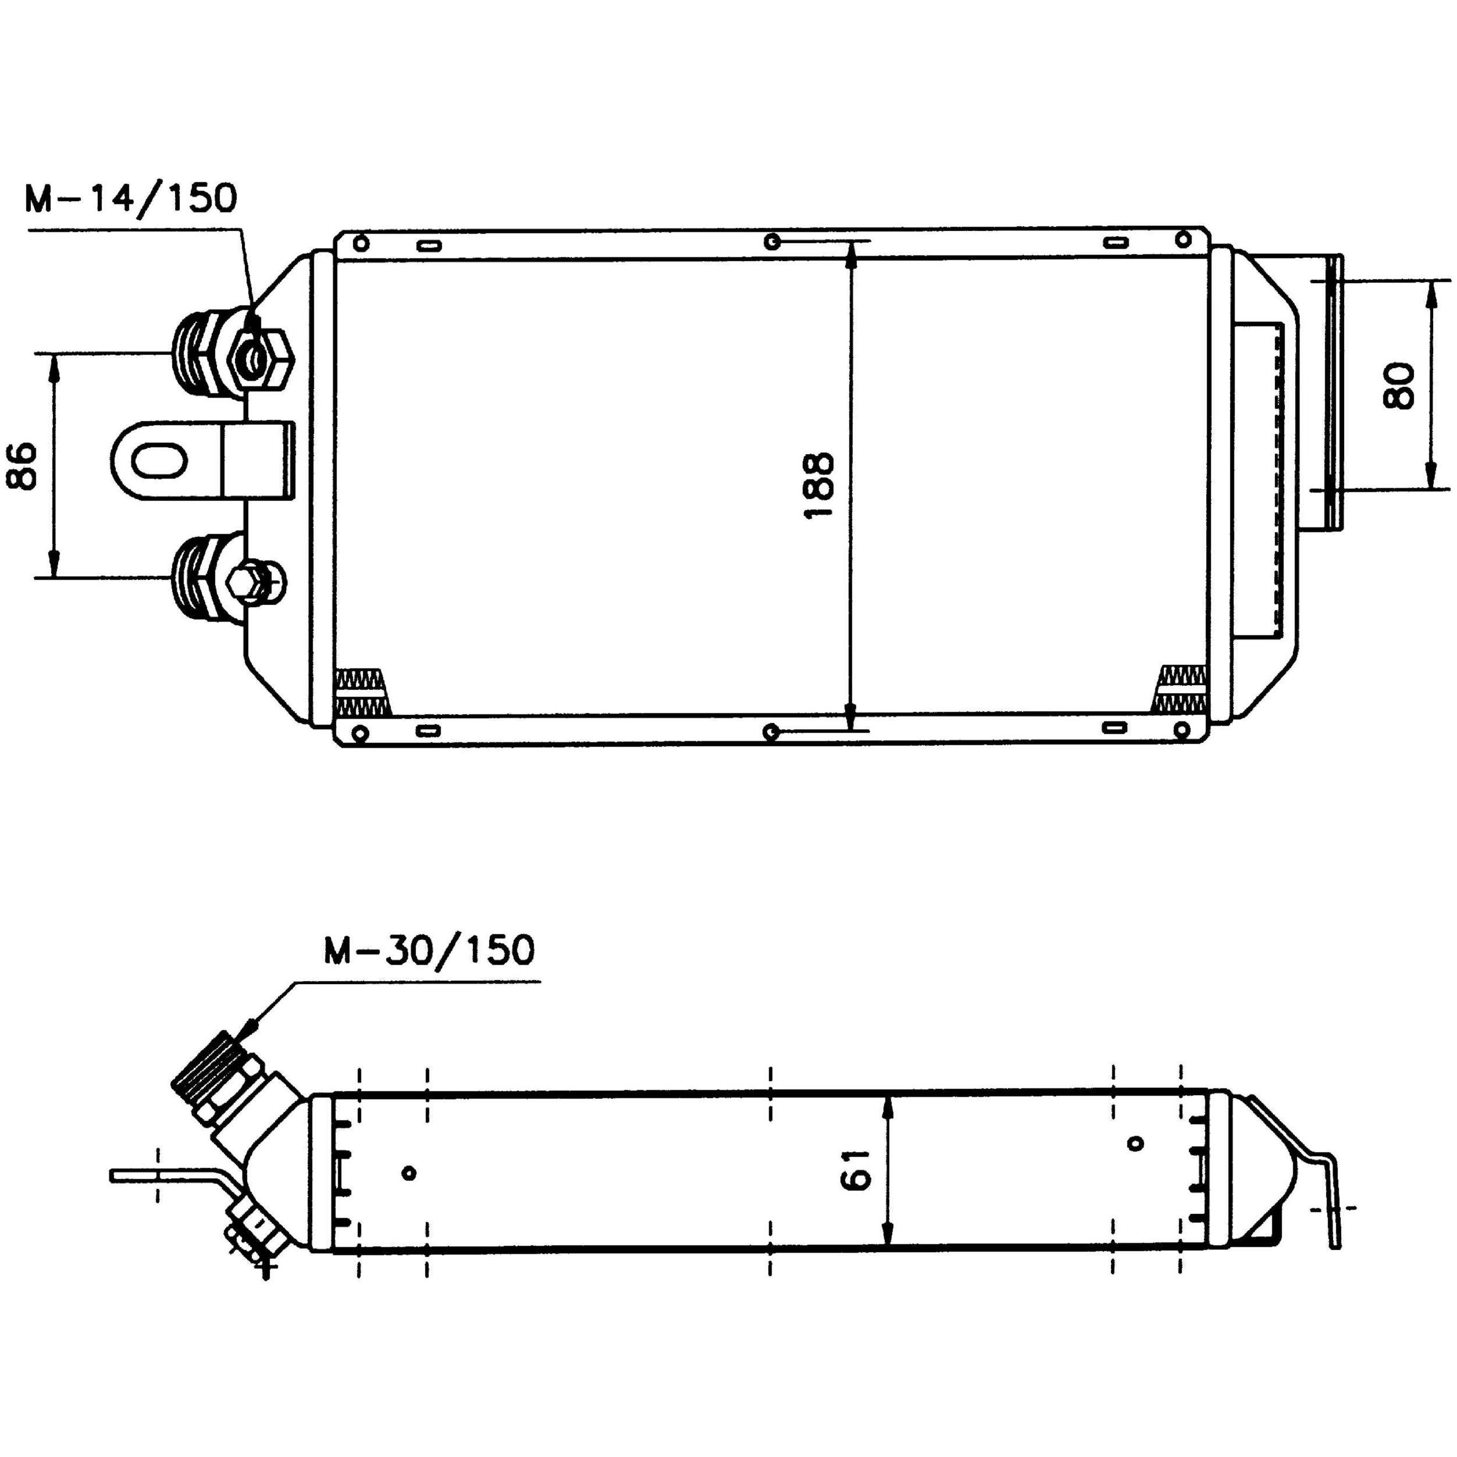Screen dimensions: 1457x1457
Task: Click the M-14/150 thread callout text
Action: [130, 198]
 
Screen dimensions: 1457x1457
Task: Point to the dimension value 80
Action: [1399, 386]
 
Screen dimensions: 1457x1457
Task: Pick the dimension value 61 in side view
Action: [856, 1170]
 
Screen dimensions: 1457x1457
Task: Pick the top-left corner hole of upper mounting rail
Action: [361, 243]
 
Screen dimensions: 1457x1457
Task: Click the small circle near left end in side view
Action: [409, 1173]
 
